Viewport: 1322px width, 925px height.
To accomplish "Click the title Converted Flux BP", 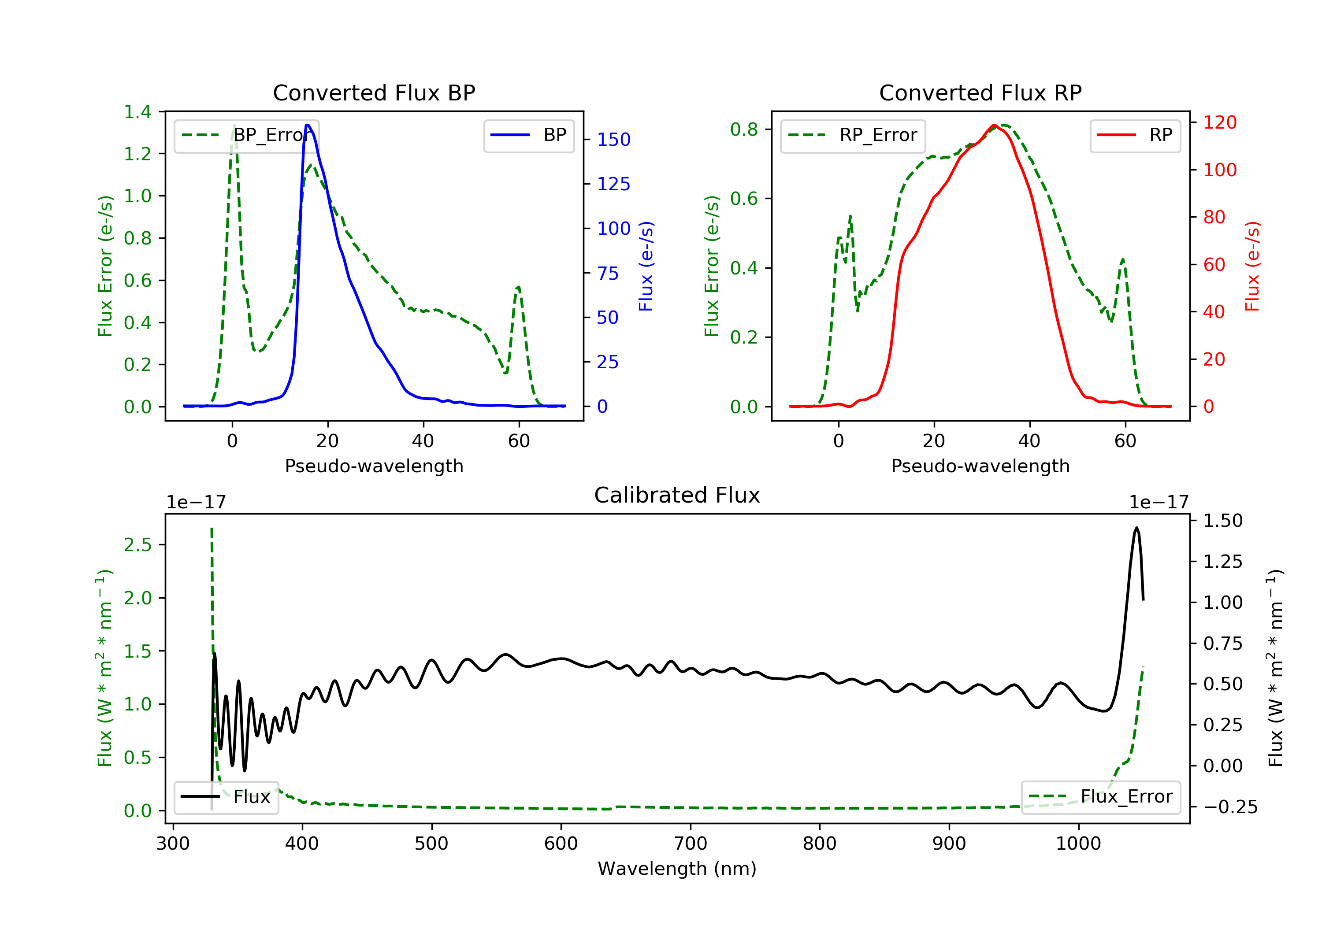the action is coord(374,92).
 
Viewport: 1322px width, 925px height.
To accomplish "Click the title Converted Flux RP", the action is coord(980,92).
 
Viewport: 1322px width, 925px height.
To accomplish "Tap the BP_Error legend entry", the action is coord(246,136).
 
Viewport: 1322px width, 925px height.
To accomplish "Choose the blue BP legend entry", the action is coord(528,136).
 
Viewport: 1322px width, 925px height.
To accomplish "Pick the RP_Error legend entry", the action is coord(853,136).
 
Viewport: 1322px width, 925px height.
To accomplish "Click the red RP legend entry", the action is coord(1135,136).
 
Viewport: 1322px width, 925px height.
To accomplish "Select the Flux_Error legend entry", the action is coord(1100,797).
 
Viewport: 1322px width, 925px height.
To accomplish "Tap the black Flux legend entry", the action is coord(227,797).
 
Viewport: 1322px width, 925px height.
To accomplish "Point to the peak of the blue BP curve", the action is coord(308,125).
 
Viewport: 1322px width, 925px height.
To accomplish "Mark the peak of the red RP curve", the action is coord(994,126).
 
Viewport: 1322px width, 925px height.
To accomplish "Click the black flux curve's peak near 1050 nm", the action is coord(1136,527).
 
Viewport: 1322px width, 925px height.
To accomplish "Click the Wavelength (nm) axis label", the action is coord(677,869).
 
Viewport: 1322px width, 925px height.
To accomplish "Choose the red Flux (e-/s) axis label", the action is coord(1252,266).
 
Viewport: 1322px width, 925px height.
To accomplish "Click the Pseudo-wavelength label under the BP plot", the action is coord(374,466).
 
